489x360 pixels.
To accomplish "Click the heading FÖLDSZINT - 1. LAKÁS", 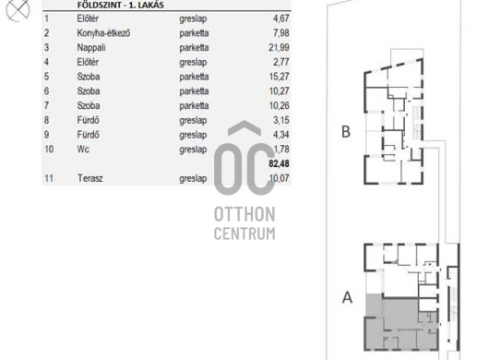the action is (x=120, y=5).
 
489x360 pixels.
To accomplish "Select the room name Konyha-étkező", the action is (x=103, y=33).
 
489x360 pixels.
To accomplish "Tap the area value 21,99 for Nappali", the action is (x=279, y=47).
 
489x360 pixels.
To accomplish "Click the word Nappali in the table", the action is (x=91, y=48).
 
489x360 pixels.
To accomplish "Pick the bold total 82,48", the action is (x=279, y=163).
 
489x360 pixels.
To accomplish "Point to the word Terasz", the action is (x=89, y=178).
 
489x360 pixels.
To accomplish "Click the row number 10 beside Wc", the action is (x=49, y=150).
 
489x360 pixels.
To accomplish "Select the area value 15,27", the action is (x=279, y=77).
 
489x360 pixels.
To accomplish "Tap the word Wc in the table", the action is (x=83, y=150).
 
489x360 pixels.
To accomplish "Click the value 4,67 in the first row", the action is (x=281, y=18).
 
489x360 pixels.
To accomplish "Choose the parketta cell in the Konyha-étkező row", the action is (x=194, y=33).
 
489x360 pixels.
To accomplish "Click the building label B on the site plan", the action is (x=346, y=132).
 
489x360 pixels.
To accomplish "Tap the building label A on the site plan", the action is (x=347, y=297).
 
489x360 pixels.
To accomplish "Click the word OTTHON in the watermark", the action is (x=244, y=214).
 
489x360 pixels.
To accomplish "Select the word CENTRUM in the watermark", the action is (x=244, y=234).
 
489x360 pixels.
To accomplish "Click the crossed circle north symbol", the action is (x=18, y=10).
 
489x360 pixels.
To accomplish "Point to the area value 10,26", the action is (x=280, y=105).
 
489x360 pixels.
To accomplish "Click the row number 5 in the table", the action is (x=46, y=77).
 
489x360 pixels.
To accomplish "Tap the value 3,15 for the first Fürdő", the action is (x=281, y=120).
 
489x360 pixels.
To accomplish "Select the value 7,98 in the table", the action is (x=281, y=32).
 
